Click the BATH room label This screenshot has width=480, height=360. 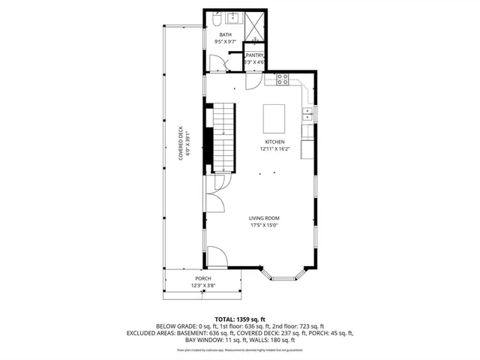[x=225, y=35]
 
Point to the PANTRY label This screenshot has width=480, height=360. [x=255, y=55]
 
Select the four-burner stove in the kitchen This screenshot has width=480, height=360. [x=283, y=78]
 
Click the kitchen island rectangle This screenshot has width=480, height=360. [x=274, y=118]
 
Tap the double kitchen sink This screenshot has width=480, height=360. [x=307, y=113]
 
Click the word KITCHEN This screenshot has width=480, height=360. [x=274, y=142]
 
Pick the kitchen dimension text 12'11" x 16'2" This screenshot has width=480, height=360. [x=274, y=148]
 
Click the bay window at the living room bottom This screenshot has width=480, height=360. [x=283, y=277]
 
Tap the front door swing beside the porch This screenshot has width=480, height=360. [x=217, y=256]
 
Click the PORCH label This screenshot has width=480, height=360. [x=202, y=278]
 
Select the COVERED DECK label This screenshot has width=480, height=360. [x=181, y=142]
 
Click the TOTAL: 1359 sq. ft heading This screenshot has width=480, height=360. [x=240, y=319]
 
